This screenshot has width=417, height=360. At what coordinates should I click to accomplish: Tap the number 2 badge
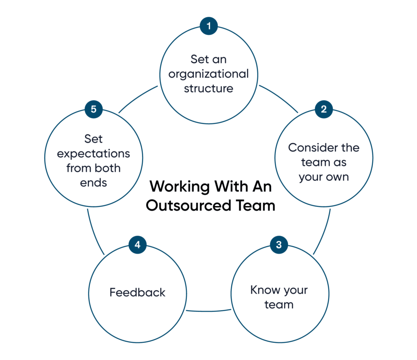[324, 109]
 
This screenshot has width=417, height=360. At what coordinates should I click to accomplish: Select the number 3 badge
[279, 245]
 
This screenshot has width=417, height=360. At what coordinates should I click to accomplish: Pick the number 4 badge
[138, 245]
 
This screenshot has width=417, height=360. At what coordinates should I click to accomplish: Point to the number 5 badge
[94, 109]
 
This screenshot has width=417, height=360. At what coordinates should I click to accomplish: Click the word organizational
[208, 74]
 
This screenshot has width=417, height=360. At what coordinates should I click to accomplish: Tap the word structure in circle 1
[208, 88]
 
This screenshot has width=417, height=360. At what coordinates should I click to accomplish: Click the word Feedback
[138, 292]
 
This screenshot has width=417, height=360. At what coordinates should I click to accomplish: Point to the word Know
[261, 290]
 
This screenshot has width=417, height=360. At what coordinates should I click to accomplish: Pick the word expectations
[94, 154]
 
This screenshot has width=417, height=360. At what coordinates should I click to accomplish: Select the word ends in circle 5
[94, 183]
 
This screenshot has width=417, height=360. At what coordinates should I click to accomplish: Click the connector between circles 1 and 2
[279, 98]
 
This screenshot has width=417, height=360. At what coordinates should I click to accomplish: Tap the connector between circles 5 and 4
[94, 233]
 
